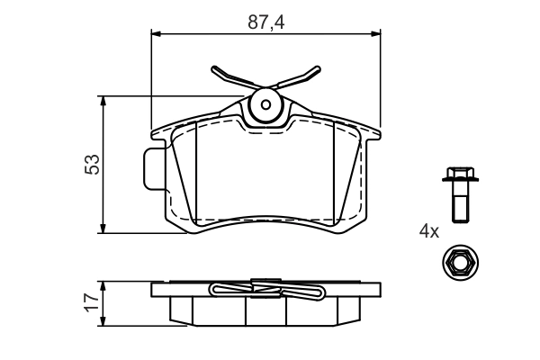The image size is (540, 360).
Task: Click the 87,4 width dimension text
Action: click(265, 22)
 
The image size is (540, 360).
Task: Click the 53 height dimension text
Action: click(93, 165)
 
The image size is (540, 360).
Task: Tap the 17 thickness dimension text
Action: click(93, 303)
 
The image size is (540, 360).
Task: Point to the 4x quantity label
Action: click(429, 231)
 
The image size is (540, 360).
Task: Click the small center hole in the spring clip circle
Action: click(265, 104)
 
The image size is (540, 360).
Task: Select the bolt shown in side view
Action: click(460, 194)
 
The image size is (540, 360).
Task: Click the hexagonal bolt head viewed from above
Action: click(460, 263)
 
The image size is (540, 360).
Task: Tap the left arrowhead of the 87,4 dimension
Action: click(156, 34)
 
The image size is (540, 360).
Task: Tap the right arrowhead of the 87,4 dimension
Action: click(375, 34)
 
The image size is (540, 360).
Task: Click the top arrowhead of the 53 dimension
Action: click(103, 101)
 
